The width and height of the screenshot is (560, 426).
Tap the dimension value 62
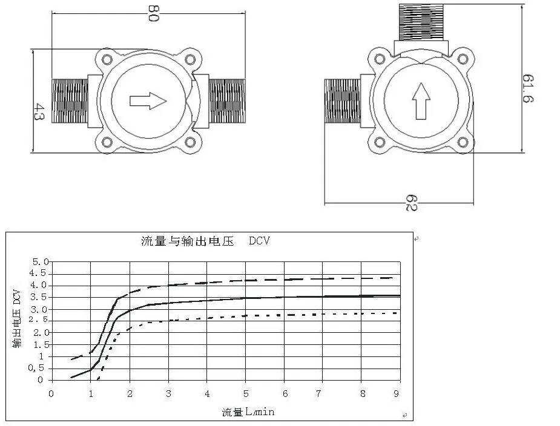tap(411, 202)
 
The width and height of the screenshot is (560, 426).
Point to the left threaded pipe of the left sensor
tap(70, 100)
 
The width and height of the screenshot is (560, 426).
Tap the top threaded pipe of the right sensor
tap(421, 22)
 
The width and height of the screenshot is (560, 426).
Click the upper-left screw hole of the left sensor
tap(108, 59)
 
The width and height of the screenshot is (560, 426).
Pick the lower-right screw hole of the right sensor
tap(463, 143)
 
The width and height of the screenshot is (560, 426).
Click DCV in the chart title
tap(259, 241)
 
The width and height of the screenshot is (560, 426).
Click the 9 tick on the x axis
tap(397, 393)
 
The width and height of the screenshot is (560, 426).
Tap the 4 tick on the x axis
tap(206, 393)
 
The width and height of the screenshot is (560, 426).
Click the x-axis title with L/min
tap(248, 412)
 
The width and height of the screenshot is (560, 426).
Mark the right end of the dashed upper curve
tap(395, 277)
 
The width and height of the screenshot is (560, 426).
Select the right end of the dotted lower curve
tap(396, 313)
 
